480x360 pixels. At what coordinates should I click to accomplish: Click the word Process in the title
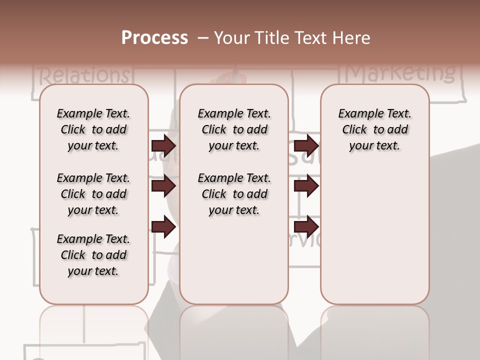(x=154, y=38)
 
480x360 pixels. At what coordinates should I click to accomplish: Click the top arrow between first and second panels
(x=163, y=146)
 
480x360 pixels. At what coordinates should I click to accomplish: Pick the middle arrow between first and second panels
(x=163, y=186)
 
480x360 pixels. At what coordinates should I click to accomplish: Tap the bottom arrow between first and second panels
(x=163, y=227)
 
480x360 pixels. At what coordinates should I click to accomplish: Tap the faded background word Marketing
(x=400, y=73)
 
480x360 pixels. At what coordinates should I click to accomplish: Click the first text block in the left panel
(x=93, y=129)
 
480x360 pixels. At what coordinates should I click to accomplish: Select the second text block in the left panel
(x=93, y=194)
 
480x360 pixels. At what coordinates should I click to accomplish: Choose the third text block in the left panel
(x=93, y=255)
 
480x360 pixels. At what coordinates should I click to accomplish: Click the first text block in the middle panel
(x=234, y=129)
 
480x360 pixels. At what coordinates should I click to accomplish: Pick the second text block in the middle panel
(x=234, y=194)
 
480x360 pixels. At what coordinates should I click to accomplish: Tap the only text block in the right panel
(x=374, y=129)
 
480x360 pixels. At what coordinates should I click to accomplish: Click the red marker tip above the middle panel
(x=237, y=77)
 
